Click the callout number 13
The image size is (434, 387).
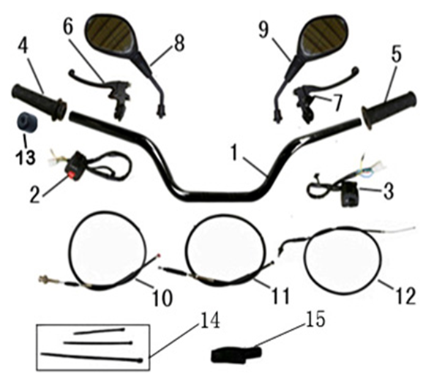click(26, 157)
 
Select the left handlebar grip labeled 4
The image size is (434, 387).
click(39, 102)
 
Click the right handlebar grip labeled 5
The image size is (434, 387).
click(389, 110)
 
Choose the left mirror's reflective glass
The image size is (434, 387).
click(111, 35)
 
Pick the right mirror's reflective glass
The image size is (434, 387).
click(323, 35)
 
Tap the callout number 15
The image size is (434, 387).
click(315, 320)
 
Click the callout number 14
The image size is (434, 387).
click(209, 320)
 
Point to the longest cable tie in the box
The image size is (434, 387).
click(91, 357)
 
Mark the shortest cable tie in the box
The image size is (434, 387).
click(99, 331)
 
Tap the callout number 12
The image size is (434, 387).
click(405, 296)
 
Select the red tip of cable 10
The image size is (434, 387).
click(158, 255)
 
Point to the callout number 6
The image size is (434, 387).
click(68, 28)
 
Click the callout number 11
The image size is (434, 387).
click(280, 296)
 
